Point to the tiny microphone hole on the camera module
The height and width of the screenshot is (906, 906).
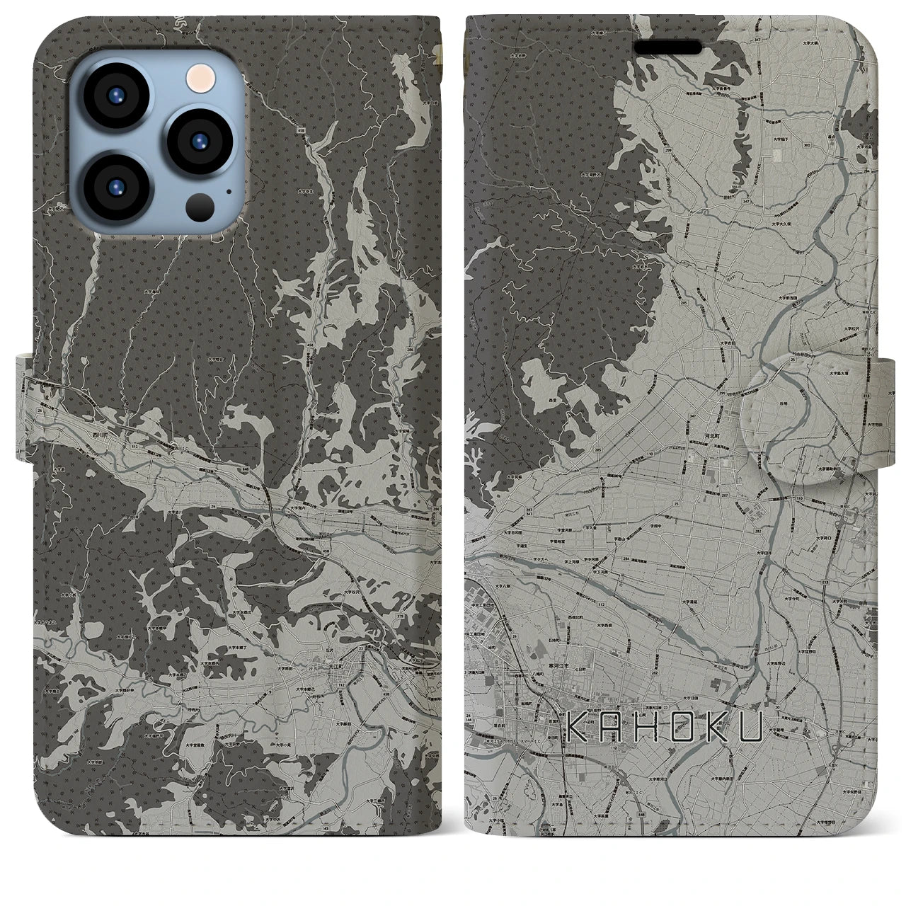click(x=229, y=190)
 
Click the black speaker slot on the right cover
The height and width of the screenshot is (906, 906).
click(x=667, y=47)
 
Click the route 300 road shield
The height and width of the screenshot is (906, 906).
click(x=808, y=144)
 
